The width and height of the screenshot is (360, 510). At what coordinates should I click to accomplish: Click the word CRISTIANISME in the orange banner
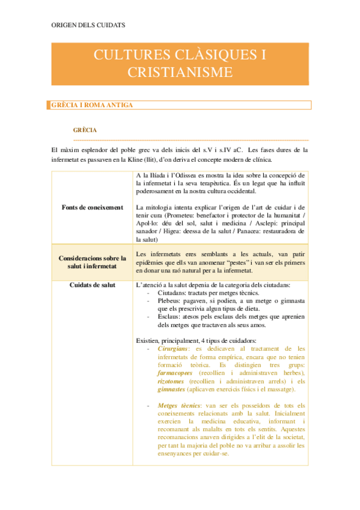click(180, 72)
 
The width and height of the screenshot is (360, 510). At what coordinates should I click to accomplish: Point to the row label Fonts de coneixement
click(92, 207)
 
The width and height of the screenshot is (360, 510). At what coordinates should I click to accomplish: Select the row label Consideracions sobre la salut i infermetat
click(92, 262)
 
